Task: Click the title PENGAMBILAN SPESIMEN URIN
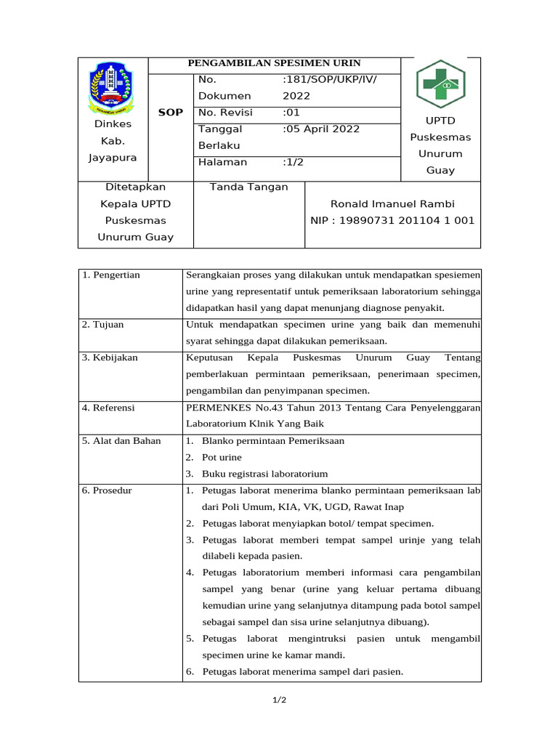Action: point(274,63)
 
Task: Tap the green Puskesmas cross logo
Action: point(440,83)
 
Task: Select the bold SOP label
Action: point(171,113)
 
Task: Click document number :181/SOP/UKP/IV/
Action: point(330,79)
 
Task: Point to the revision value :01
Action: point(291,113)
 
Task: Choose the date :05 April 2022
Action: point(321,129)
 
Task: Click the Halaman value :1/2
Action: point(294,162)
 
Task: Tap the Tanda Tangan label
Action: point(248,187)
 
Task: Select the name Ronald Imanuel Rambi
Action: point(392,204)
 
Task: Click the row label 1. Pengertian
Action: point(111,275)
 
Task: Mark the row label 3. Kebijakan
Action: point(110,357)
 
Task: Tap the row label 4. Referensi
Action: point(108,408)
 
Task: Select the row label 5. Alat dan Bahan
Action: point(121,441)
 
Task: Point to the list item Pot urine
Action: point(222,458)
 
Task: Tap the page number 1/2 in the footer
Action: point(279,700)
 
